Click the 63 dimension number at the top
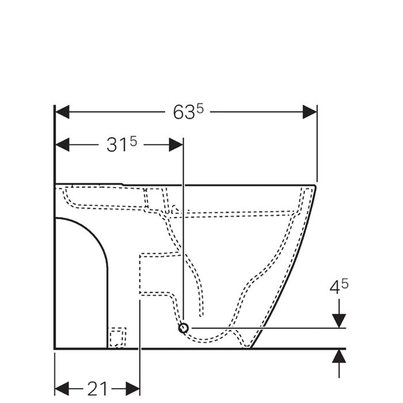pos(184,113)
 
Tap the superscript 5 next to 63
pos(200,109)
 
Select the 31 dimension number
pos(117,145)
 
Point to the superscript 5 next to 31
pos(134,142)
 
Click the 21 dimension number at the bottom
pos(97,389)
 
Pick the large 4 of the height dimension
pos(335,287)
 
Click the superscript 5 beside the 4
pos(345,284)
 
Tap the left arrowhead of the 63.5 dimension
pos(62,112)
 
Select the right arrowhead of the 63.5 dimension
pos(310,112)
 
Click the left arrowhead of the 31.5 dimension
pos(62,145)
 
